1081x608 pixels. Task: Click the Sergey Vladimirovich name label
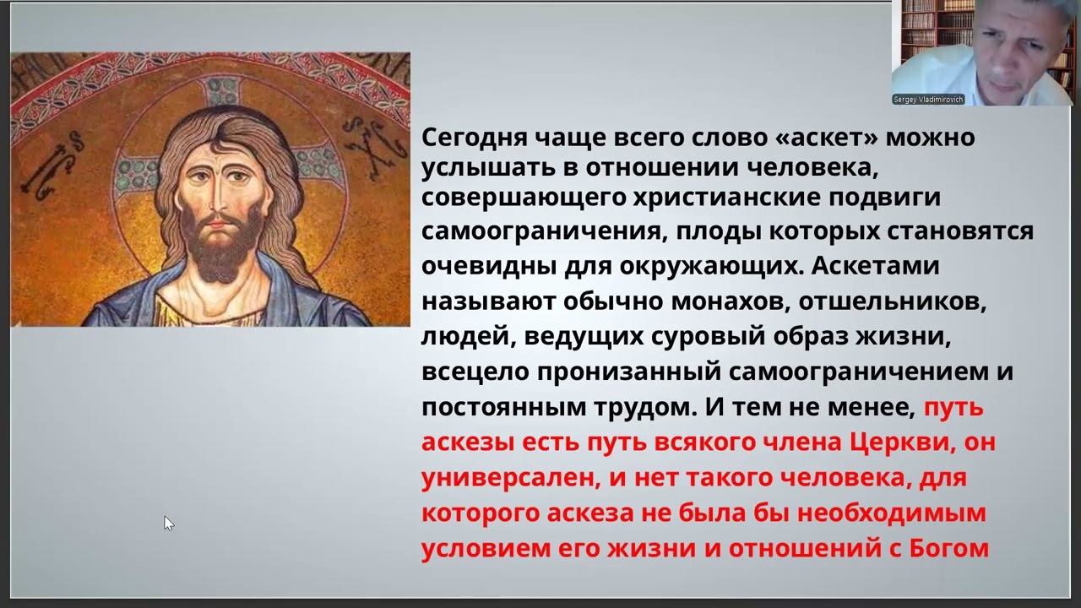pos(927,100)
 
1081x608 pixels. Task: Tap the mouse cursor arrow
pos(168,523)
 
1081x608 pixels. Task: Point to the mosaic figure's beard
pos(220,253)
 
